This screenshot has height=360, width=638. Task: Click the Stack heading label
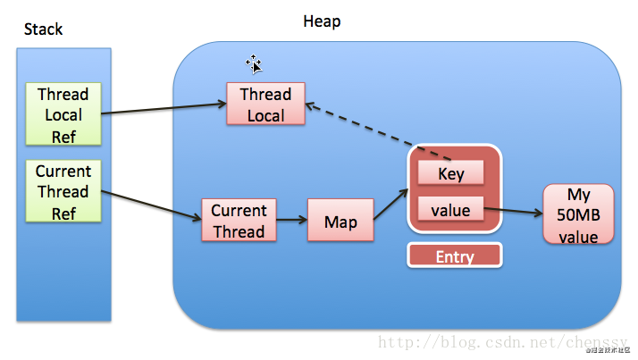point(43,29)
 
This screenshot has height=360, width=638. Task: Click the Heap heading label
point(322,21)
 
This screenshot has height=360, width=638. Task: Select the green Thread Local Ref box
point(63,114)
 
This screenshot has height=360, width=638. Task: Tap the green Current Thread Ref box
point(63,191)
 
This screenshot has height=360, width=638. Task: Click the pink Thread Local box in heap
point(265,105)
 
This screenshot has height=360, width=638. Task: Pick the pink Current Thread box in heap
point(239,221)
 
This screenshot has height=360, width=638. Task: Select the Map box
point(340,221)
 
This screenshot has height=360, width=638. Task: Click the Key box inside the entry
point(451,173)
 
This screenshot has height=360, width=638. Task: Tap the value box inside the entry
point(451,211)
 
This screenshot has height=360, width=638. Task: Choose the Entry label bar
point(455,256)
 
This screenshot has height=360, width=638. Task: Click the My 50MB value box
point(578,215)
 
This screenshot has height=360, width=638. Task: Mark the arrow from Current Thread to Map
point(292,220)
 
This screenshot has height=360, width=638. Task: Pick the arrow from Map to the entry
point(390,206)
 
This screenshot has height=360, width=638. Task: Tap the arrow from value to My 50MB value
point(514,213)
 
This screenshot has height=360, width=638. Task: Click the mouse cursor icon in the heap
point(255,63)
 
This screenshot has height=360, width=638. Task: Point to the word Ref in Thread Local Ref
point(63,135)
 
